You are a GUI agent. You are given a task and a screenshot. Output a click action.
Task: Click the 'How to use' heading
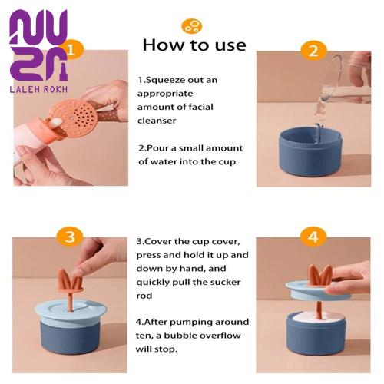(x=194, y=45)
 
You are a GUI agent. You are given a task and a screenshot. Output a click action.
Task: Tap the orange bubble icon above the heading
(x=192, y=26)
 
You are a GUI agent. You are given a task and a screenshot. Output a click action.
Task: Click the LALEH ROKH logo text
(x=38, y=89)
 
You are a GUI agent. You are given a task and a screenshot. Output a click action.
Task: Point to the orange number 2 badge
(x=314, y=51)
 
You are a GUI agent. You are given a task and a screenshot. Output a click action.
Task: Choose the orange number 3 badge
(x=70, y=237)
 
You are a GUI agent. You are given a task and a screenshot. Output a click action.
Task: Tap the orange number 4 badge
(x=313, y=237)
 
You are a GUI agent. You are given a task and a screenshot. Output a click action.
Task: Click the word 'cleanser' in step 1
(x=157, y=121)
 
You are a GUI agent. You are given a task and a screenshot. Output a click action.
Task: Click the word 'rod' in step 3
(x=144, y=296)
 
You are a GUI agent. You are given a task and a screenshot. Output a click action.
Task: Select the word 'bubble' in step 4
(x=178, y=336)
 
